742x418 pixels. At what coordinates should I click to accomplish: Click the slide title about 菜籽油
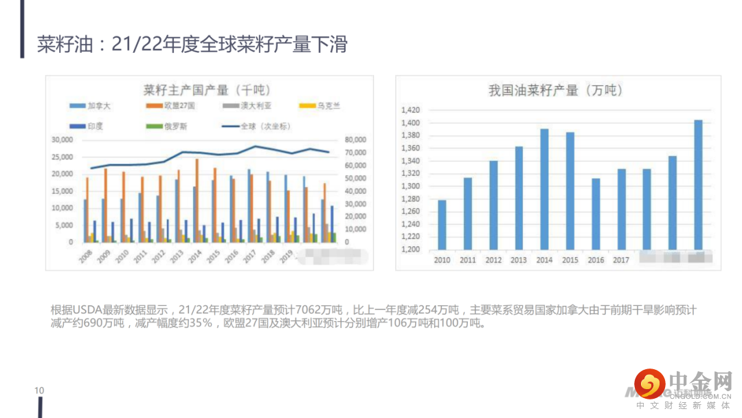192,45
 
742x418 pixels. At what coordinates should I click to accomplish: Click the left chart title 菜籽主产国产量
207,90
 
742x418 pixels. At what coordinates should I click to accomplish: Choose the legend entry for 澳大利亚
248,106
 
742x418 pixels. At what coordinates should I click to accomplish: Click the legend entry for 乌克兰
321,106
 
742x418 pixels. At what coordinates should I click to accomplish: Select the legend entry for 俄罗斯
171,126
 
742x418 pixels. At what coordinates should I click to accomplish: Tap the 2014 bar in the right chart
544,189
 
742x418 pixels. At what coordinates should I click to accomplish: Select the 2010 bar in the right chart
442,225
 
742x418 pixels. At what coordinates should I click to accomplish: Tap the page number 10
39,390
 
